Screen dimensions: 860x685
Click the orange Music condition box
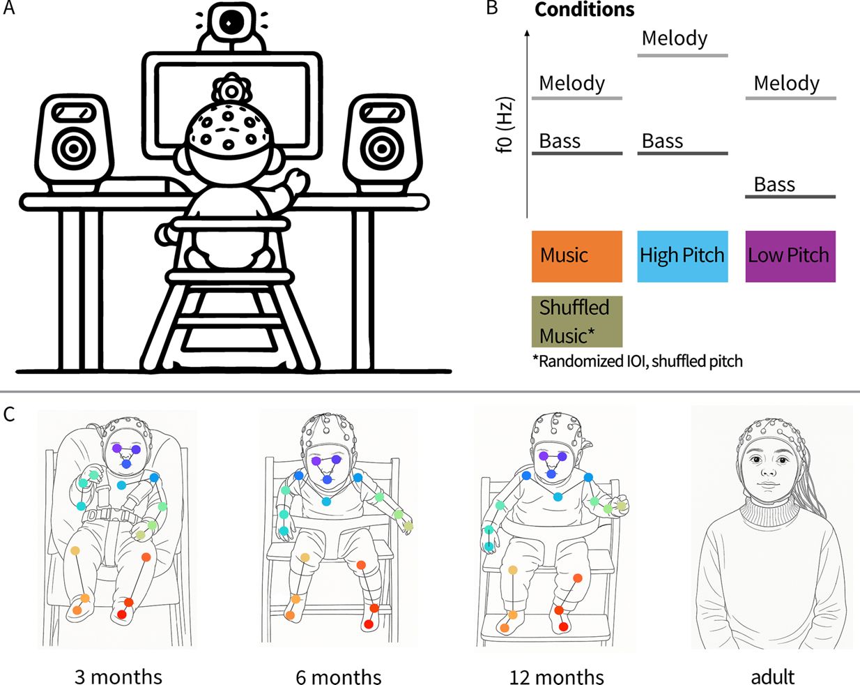(576, 257)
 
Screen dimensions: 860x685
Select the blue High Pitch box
(682, 257)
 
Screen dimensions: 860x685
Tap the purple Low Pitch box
(790, 257)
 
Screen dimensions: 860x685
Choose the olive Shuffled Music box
(576, 322)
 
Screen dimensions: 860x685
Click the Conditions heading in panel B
(584, 10)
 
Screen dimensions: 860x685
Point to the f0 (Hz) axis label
(505, 125)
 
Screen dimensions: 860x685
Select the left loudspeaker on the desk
(74, 143)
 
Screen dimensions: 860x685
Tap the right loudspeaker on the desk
(383, 143)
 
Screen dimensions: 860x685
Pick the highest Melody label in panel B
(675, 38)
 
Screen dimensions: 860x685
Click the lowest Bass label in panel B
(774, 184)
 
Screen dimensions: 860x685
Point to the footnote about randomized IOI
(638, 361)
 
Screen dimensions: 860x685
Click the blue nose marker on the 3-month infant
(126, 464)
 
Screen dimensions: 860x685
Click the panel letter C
(9, 414)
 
